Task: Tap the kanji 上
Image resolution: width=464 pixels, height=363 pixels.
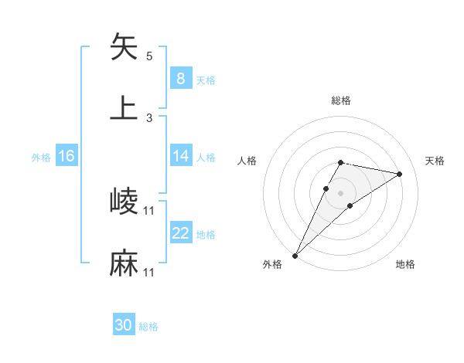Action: (x=124, y=107)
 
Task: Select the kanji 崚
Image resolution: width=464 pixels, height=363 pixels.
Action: (x=124, y=202)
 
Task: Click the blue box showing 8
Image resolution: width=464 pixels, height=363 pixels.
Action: (x=180, y=78)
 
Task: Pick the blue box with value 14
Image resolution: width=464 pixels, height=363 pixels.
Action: (x=180, y=156)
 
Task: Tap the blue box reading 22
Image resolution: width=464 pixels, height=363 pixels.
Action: (x=180, y=233)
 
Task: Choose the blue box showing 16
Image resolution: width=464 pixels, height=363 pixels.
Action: (x=67, y=156)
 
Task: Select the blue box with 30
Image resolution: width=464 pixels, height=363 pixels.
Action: (x=124, y=325)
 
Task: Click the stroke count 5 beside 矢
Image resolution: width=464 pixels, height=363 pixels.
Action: (x=149, y=56)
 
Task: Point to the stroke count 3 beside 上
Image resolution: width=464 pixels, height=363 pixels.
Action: (x=149, y=117)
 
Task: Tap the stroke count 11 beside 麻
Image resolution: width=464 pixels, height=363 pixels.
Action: (x=149, y=273)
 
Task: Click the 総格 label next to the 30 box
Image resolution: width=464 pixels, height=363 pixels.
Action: (x=148, y=327)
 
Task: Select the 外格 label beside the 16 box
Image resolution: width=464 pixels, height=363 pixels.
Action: (x=41, y=157)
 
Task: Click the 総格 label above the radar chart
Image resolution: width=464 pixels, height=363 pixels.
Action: (x=341, y=100)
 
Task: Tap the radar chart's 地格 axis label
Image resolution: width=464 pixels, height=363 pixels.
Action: (x=405, y=264)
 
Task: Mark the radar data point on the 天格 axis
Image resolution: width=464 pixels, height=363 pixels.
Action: (x=400, y=174)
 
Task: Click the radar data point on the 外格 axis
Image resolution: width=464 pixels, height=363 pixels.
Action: (x=295, y=256)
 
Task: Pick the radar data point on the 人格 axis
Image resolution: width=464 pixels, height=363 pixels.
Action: (x=326, y=188)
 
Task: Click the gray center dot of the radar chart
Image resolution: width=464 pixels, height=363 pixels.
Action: (x=341, y=193)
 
